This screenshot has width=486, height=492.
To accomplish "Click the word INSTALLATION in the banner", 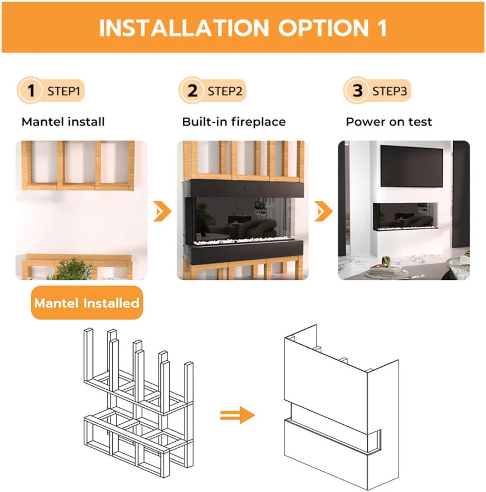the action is point(184,28).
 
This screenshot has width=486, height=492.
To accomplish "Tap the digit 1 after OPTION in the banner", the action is point(382,28).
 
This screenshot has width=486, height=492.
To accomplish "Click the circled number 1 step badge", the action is point(30,90).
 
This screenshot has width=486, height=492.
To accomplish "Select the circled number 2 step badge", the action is point(192,90).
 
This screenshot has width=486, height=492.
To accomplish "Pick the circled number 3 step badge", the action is point(357,90).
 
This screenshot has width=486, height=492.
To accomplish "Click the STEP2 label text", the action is point(225,91).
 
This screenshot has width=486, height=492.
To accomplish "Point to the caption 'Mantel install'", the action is point(63,122).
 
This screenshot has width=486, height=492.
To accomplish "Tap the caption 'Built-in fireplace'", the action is point(234,122).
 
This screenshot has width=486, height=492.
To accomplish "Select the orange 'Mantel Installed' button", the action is point(86,303).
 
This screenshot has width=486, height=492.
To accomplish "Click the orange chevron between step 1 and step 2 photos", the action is point(162,211).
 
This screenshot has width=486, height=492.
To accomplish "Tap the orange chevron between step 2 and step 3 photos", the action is point(323,211).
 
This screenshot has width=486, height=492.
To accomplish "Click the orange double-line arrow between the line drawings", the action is point(238,415).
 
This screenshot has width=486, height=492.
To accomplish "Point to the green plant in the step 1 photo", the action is point(72,269).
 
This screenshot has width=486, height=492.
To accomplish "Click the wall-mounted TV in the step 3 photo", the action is point(412,166).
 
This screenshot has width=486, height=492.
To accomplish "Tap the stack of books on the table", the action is point(386,270).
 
